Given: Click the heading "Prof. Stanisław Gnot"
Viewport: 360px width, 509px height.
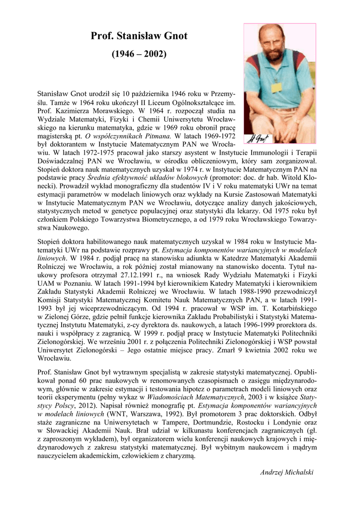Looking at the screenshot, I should tap(139, 36).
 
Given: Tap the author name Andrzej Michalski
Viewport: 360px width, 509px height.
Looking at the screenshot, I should tap(287, 472).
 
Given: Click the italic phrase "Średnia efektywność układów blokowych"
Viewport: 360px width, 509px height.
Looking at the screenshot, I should tap(148, 177).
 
